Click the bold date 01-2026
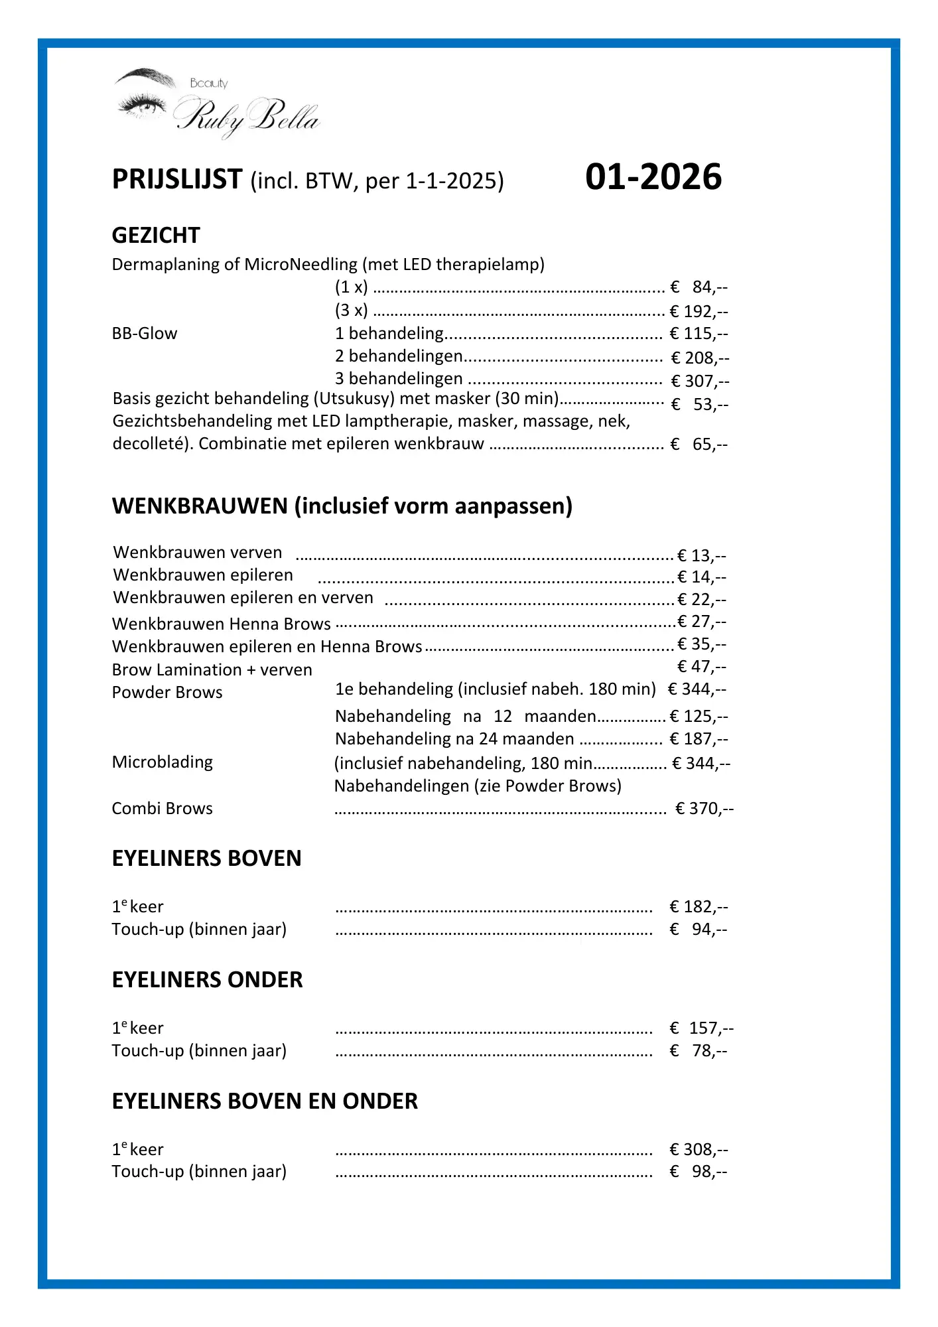click(x=653, y=177)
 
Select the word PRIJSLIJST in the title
click(x=177, y=180)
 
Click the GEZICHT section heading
click(x=156, y=236)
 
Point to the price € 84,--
click(x=699, y=287)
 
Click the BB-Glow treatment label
click(x=145, y=334)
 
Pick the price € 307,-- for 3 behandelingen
click(x=700, y=382)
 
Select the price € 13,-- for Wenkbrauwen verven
click(x=702, y=556)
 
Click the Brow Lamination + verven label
click(x=212, y=670)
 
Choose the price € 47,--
click(x=702, y=667)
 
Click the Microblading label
click(x=163, y=762)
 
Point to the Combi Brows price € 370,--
click(x=704, y=809)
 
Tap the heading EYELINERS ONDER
click(x=207, y=980)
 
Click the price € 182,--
click(x=699, y=907)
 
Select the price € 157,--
click(x=702, y=1028)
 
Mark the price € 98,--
click(x=699, y=1172)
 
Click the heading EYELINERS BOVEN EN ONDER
click(x=265, y=1101)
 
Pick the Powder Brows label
click(x=167, y=693)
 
